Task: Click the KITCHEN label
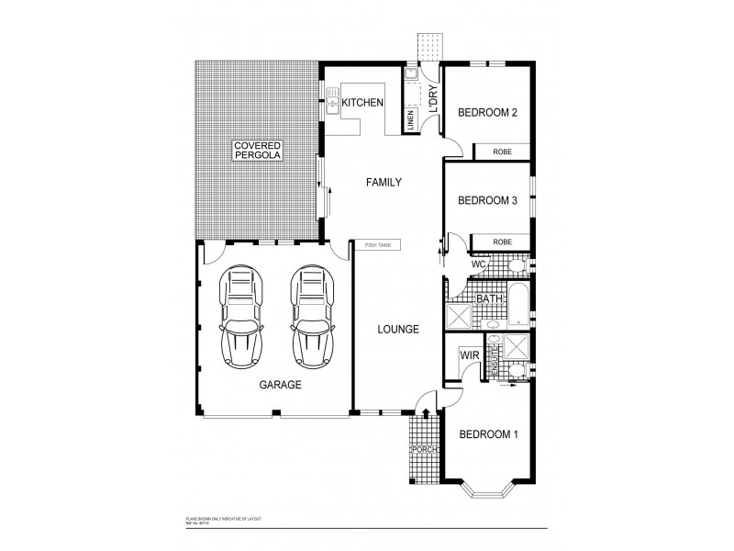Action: point(362,103)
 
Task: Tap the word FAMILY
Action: point(384,183)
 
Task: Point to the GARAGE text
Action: point(279,386)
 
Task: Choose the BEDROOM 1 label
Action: point(488,434)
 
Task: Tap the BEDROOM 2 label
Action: point(488,113)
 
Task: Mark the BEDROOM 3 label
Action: point(488,200)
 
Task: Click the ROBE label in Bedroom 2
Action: point(502,152)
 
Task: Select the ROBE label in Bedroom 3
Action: point(502,242)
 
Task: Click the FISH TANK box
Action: point(377,245)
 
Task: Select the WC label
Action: point(478,264)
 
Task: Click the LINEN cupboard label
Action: point(411,119)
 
